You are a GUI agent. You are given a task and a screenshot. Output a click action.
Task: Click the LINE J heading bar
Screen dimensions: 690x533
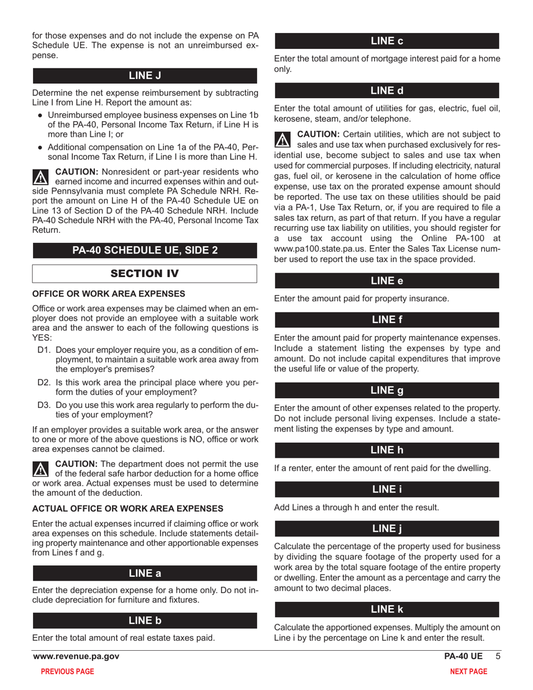click(145, 76)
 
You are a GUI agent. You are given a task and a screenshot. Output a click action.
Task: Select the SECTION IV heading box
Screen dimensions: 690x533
click(145, 273)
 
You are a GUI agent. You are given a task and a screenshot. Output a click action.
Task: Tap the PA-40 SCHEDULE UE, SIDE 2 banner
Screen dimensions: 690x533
click(145, 250)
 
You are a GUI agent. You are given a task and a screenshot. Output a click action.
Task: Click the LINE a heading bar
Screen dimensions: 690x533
click(145, 573)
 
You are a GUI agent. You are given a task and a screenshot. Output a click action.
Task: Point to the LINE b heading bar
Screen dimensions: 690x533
click(145, 620)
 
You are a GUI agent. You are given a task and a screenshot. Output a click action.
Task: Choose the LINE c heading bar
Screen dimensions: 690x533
click(387, 41)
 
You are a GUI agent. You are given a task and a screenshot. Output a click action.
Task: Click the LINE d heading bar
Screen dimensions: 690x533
click(387, 91)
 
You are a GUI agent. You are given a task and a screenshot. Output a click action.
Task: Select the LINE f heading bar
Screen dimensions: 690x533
click(387, 320)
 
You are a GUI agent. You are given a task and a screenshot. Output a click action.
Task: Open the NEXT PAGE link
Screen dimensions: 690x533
click(469, 671)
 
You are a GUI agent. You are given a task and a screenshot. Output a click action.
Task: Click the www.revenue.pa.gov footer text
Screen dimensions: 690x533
click(76, 656)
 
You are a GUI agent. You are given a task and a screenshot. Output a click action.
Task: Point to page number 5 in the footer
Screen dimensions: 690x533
click(495, 656)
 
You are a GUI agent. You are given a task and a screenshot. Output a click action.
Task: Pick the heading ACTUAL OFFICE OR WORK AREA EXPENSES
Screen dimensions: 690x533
click(128, 508)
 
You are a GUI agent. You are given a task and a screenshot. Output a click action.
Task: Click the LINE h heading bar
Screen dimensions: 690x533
click(387, 450)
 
